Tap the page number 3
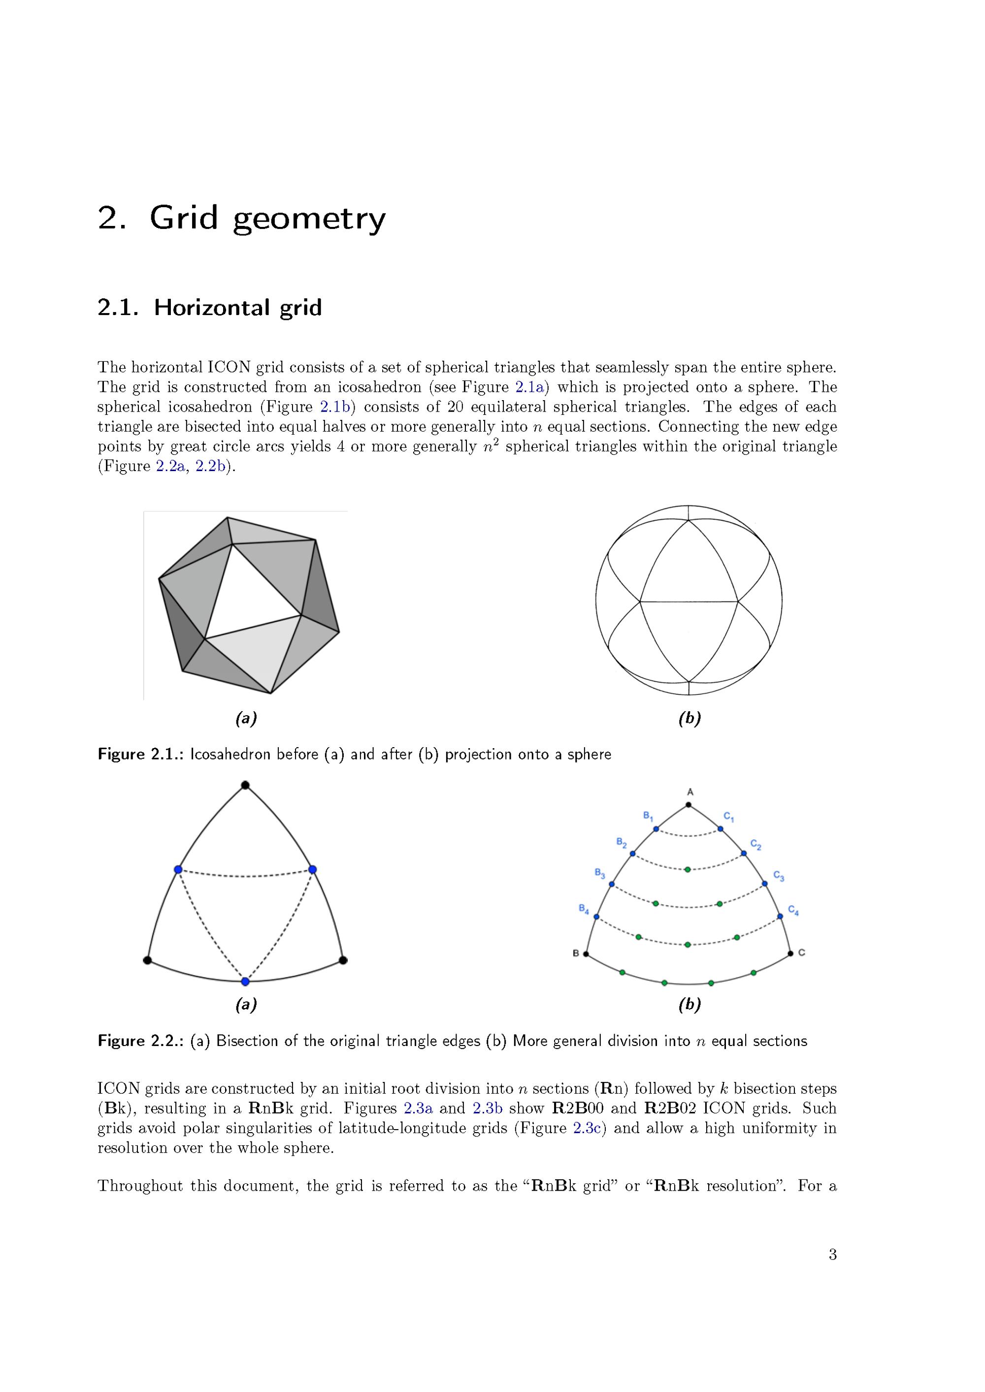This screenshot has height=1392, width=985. click(x=832, y=1254)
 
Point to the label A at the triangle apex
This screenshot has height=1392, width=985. click(x=690, y=792)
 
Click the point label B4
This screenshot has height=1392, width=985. click(x=584, y=908)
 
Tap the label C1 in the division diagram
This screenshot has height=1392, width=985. click(x=729, y=817)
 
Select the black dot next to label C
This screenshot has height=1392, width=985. click(x=789, y=953)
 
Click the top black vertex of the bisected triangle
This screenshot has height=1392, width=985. click(x=245, y=785)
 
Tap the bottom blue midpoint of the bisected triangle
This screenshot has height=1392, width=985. click(x=245, y=981)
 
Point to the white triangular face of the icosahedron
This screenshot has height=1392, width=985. click(x=252, y=591)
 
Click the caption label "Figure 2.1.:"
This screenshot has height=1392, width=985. click(x=140, y=754)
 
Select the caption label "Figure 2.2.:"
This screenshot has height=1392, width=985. click(x=140, y=1041)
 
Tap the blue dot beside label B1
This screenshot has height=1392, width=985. click(x=656, y=829)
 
